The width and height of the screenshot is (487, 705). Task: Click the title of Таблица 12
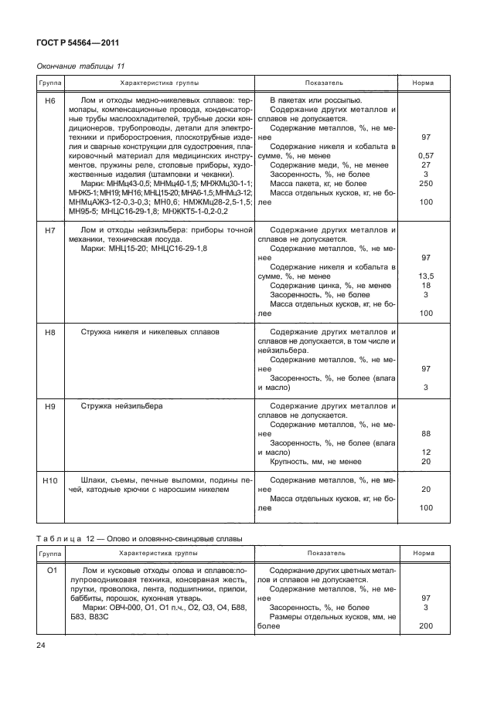coord(139,537)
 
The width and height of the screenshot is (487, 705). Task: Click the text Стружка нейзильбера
coord(122,405)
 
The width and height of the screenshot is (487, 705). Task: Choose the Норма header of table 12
coord(423,554)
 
